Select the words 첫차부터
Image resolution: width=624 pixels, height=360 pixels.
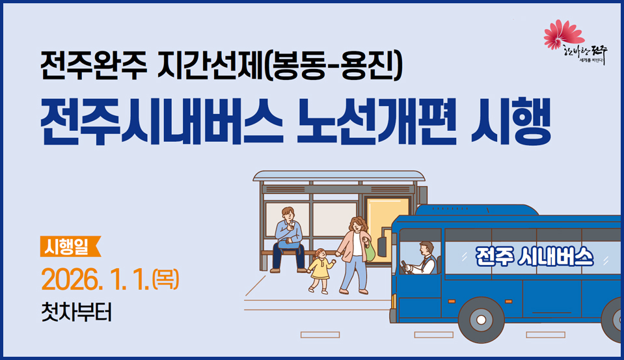coord(75,312)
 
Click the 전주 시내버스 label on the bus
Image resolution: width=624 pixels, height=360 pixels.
coord(534,255)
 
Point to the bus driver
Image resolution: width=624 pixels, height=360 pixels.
coord(425,258)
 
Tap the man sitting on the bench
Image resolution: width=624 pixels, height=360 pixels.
coord(288,238)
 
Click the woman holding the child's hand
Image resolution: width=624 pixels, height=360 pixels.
coord(355,253)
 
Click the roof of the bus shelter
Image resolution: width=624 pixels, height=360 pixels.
coord(338,176)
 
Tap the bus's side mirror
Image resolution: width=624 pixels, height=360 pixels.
coord(381,245)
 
